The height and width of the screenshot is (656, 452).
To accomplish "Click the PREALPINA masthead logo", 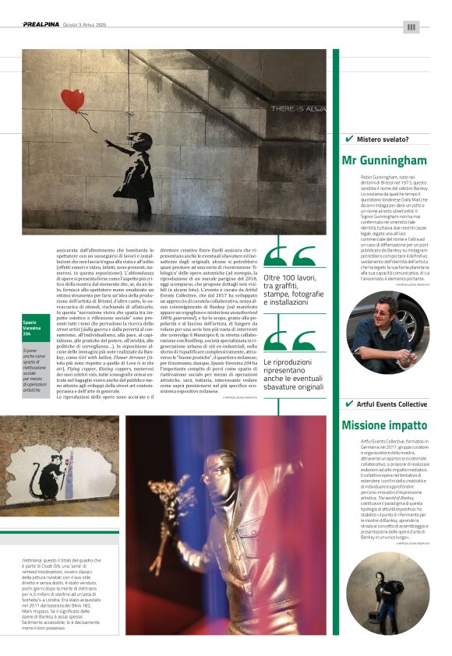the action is point(40,25).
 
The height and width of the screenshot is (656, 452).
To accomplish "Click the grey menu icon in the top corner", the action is point(411,26).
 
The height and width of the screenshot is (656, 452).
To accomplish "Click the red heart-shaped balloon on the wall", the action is point(72,100).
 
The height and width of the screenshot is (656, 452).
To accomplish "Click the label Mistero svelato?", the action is point(383,139).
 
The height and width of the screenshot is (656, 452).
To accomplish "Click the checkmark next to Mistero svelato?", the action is point(348,139).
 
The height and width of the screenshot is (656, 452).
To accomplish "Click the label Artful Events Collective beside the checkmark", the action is point(392,404).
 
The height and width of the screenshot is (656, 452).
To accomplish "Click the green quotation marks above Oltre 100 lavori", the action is point(290,258).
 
